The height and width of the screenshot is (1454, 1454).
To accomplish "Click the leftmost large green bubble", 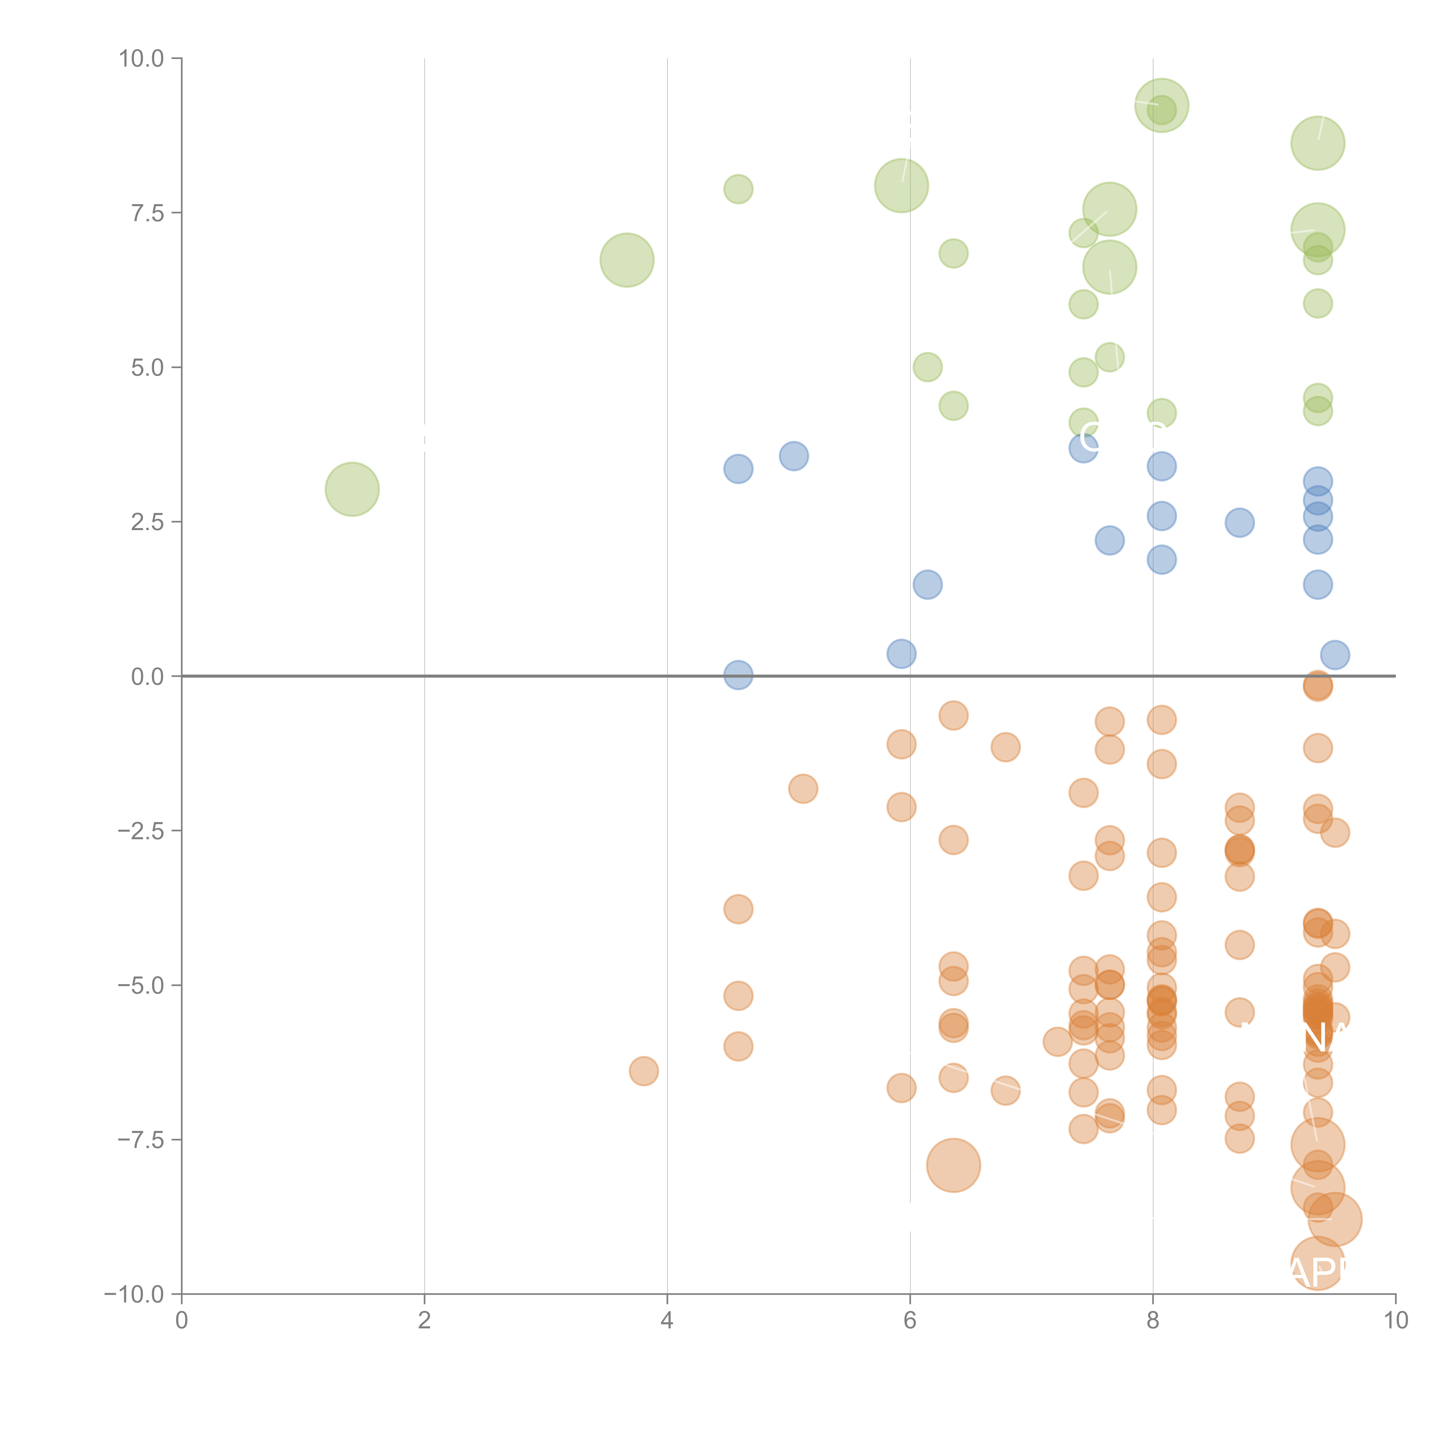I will [352, 489].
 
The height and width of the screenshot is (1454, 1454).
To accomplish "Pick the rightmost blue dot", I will [1334, 655].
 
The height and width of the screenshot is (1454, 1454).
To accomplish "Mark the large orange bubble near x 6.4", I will [954, 1165].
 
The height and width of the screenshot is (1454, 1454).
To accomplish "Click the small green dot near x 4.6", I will [738, 189].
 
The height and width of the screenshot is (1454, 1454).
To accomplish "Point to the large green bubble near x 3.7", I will [627, 260].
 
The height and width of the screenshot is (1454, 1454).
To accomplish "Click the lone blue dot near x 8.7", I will [1239, 522].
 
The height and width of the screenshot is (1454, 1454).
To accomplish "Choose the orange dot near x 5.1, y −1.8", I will [803, 789].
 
